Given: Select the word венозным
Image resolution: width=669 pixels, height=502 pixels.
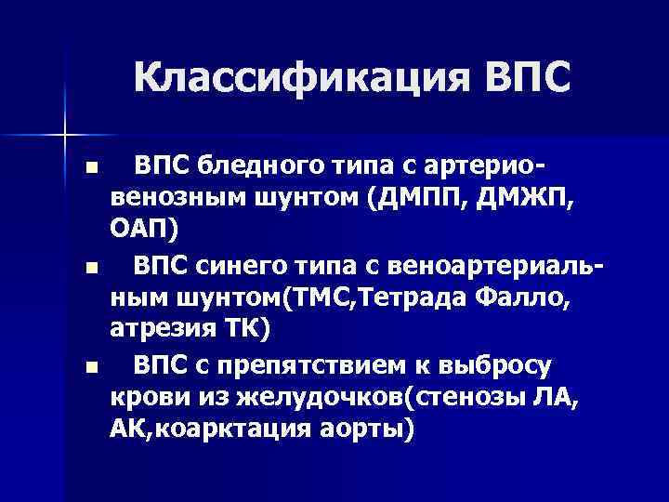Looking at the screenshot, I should [x=171, y=198].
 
